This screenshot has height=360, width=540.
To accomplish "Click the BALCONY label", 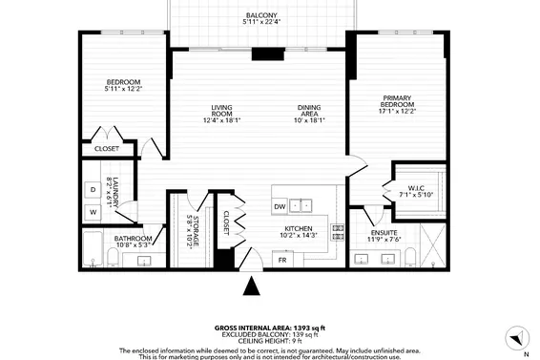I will pos(260,16).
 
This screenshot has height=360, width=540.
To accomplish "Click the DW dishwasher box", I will pos(280,206).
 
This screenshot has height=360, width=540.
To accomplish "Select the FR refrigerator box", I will pos(283,259).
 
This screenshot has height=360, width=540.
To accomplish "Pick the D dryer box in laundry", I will pos(93,190).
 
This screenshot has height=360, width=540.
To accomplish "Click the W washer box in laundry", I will pos(93,211).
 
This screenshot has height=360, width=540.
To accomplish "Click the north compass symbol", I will pos(515,337).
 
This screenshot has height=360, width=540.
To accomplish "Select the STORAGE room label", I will pos(194,232).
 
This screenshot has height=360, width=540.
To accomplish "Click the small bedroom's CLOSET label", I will pos(107,149).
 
